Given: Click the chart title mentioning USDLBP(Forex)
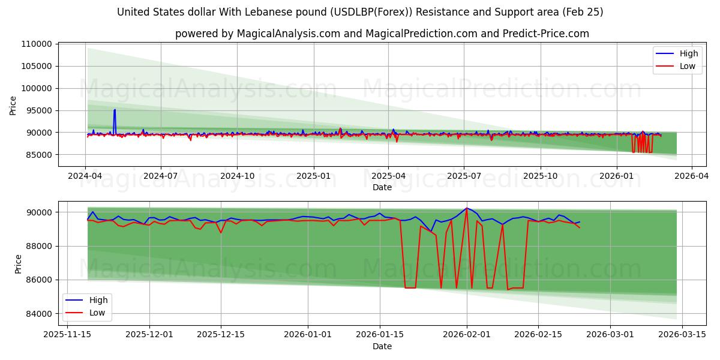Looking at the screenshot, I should tap(360, 12).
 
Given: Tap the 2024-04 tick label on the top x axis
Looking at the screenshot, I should tap(85, 176).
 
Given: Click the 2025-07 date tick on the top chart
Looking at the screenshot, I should tap(464, 176).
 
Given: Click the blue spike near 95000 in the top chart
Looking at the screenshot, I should tap(115, 110).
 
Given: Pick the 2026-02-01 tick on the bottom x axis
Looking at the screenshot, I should tap(467, 335).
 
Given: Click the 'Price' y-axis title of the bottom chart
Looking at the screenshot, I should tap(18, 263).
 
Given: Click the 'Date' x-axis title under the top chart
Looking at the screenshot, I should tap(382, 187).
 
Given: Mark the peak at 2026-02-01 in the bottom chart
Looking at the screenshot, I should tap(467, 208).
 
